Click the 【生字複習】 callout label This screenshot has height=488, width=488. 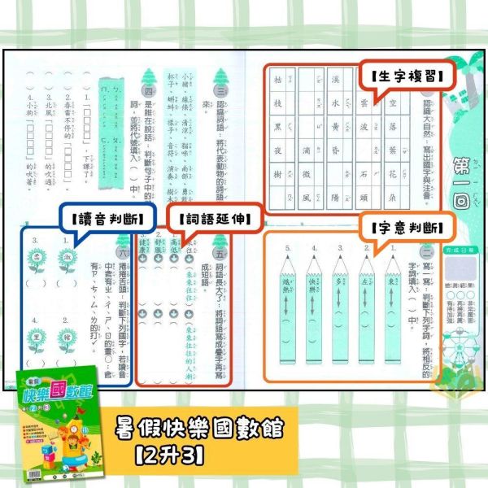[x=402, y=78]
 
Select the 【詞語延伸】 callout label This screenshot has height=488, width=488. [x=208, y=218]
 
